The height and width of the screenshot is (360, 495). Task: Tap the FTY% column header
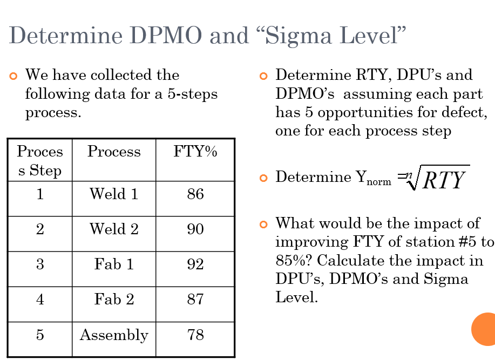click(x=195, y=152)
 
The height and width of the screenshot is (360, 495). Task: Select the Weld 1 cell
click(x=114, y=194)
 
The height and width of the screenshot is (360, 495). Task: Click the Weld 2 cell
click(x=114, y=229)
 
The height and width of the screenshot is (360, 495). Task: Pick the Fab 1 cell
click(x=114, y=264)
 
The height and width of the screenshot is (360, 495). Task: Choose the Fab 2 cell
click(x=114, y=300)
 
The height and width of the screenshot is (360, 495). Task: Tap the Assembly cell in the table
click(x=114, y=335)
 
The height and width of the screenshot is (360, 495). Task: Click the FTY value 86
click(x=195, y=194)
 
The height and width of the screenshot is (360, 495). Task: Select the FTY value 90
click(x=195, y=229)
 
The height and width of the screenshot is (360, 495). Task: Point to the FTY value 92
click(x=195, y=264)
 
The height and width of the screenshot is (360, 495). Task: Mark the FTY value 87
click(x=195, y=300)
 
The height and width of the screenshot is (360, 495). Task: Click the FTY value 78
click(x=195, y=335)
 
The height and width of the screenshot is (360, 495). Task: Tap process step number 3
click(x=40, y=264)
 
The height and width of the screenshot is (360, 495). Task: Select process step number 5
click(x=40, y=335)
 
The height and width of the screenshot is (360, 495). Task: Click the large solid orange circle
click(x=484, y=329)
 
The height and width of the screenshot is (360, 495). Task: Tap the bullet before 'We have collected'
click(x=14, y=76)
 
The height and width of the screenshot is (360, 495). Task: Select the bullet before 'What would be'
click(x=263, y=224)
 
